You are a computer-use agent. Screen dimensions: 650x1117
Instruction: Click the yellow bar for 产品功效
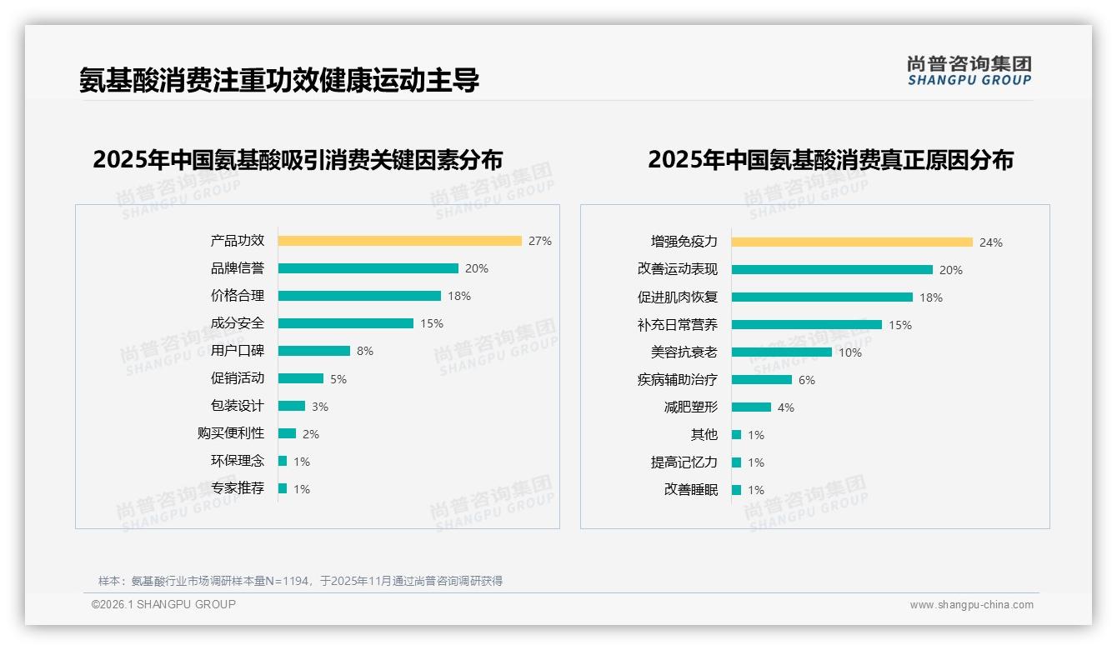(399, 241)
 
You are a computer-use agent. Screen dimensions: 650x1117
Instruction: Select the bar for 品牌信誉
(368, 268)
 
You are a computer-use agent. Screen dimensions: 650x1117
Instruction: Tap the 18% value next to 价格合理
(459, 296)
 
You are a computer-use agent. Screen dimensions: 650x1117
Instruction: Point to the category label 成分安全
(238, 323)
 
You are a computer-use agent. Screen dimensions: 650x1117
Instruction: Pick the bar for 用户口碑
(313, 351)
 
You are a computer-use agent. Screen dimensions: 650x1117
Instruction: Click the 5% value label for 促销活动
(338, 379)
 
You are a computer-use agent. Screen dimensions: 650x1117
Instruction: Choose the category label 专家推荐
(238, 488)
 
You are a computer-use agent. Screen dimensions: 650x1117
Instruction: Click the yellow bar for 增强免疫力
(852, 242)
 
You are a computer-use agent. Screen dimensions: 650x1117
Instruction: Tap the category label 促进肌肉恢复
(678, 297)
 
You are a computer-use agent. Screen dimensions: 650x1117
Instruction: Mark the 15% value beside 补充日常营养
(900, 325)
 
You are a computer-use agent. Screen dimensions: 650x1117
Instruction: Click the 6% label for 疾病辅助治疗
(807, 380)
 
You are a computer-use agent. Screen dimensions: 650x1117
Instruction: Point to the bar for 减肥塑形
(751, 407)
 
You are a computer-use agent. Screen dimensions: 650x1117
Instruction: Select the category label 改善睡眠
(691, 490)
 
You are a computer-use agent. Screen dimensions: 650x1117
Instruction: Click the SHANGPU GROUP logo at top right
(969, 71)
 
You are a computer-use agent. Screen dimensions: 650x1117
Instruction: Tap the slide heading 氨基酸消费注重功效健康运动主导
(279, 81)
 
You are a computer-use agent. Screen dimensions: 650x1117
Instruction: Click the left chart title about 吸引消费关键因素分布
(298, 160)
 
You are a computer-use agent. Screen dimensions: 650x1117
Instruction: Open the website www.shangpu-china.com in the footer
(971, 605)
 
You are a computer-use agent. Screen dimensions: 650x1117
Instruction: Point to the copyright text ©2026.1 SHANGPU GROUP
(163, 604)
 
